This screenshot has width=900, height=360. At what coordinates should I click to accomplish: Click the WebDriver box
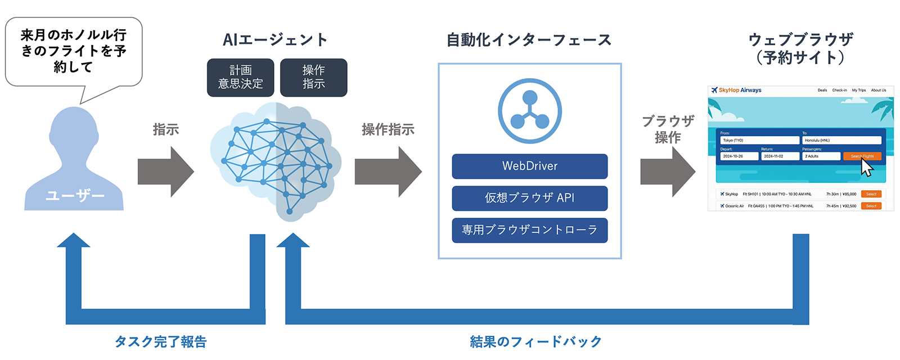pyautogui.click(x=529, y=166)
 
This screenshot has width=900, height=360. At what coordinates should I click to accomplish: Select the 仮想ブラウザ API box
pyautogui.click(x=529, y=198)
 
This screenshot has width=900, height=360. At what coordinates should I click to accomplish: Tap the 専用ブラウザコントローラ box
pyautogui.click(x=529, y=230)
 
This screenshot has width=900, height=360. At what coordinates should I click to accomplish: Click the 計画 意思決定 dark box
pyautogui.click(x=240, y=78)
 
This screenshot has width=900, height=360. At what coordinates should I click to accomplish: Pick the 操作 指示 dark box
pyautogui.click(x=313, y=78)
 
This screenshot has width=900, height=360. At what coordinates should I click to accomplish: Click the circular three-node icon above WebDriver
pyautogui.click(x=529, y=111)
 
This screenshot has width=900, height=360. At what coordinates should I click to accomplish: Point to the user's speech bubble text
pyautogui.click(x=73, y=51)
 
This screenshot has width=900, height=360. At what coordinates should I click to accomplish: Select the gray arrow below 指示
pyautogui.click(x=165, y=172)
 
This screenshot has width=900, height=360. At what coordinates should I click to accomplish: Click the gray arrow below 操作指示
pyautogui.click(x=388, y=172)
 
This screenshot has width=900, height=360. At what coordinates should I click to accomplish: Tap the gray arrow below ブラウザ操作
pyautogui.click(x=668, y=172)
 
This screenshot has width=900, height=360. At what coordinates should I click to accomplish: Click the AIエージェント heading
pyautogui.click(x=275, y=40)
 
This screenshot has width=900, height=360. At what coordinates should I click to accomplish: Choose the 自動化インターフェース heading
pyautogui.click(x=529, y=40)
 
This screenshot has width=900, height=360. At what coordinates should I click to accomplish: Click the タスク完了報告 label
pyautogui.click(x=161, y=341)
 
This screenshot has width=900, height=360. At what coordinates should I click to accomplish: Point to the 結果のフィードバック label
pyautogui.click(x=535, y=341)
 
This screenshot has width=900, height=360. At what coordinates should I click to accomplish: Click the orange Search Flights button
pyautogui.click(x=862, y=156)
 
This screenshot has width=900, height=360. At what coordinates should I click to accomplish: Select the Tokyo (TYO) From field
pyautogui.click(x=759, y=140)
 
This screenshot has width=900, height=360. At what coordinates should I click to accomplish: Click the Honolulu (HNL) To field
pyautogui.click(x=841, y=140)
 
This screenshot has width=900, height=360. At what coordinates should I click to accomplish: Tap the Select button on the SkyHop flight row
pyautogui.click(x=871, y=194)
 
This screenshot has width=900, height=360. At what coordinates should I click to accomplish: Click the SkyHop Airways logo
pyautogui.click(x=736, y=90)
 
